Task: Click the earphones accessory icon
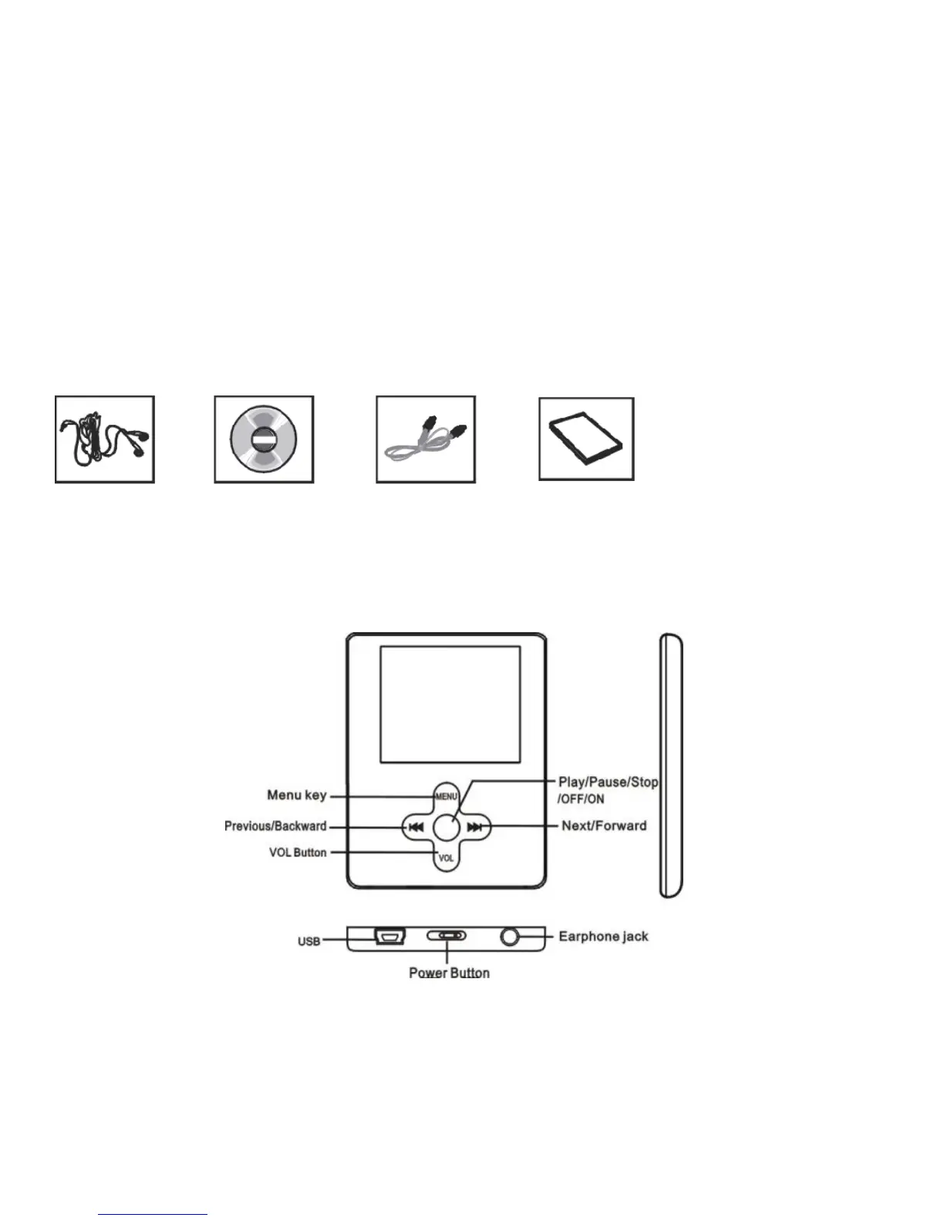[x=105, y=439]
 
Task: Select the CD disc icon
[x=264, y=439]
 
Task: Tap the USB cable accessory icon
[x=426, y=439]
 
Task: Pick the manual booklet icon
[x=586, y=439]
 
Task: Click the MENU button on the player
[x=447, y=796]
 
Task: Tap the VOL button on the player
[x=447, y=858]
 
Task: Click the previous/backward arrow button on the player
[x=416, y=827]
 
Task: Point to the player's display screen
[x=450, y=705]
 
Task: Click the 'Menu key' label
[x=297, y=795]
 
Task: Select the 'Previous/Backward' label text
[x=275, y=826]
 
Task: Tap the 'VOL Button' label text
[x=298, y=853]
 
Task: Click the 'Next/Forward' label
[x=604, y=826]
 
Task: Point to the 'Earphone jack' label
[x=603, y=937]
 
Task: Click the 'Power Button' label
[x=449, y=973]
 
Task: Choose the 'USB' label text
[x=309, y=941]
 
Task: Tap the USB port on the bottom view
[x=390, y=937]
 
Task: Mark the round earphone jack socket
[x=510, y=937]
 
